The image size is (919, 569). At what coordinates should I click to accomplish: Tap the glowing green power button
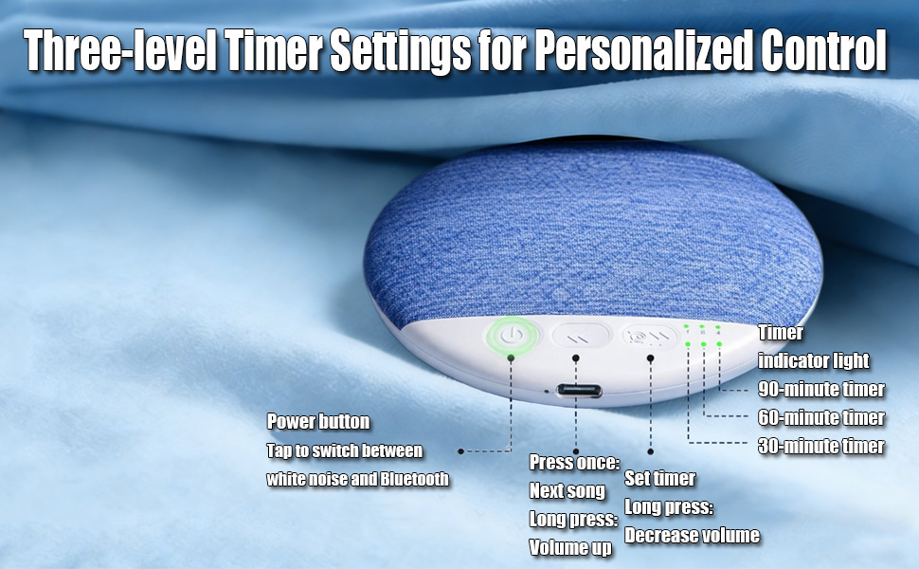[512, 335]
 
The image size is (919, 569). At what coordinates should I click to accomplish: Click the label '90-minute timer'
[821, 390]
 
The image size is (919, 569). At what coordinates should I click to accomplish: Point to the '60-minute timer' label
[821, 418]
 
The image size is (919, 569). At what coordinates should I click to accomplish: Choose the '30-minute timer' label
[821, 447]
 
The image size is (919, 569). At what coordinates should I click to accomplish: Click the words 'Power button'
[318, 421]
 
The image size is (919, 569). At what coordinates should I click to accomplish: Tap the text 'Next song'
[567, 491]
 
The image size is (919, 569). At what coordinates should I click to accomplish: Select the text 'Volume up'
[570, 547]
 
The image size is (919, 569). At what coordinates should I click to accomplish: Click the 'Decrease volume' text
[692, 536]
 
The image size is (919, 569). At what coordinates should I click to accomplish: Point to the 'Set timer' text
[660, 479]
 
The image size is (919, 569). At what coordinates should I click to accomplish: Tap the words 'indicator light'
[813, 361]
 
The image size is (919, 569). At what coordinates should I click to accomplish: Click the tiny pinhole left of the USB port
[548, 389]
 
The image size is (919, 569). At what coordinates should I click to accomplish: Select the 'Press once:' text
[574, 463]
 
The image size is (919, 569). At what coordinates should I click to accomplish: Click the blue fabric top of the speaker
[587, 237]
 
